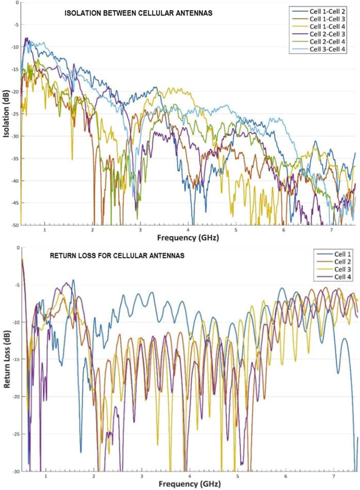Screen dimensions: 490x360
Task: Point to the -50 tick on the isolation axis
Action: (x=14, y=225)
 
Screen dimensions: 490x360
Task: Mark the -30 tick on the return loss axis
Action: (x=14, y=471)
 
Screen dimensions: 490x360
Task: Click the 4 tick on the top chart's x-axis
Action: (x=189, y=230)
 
